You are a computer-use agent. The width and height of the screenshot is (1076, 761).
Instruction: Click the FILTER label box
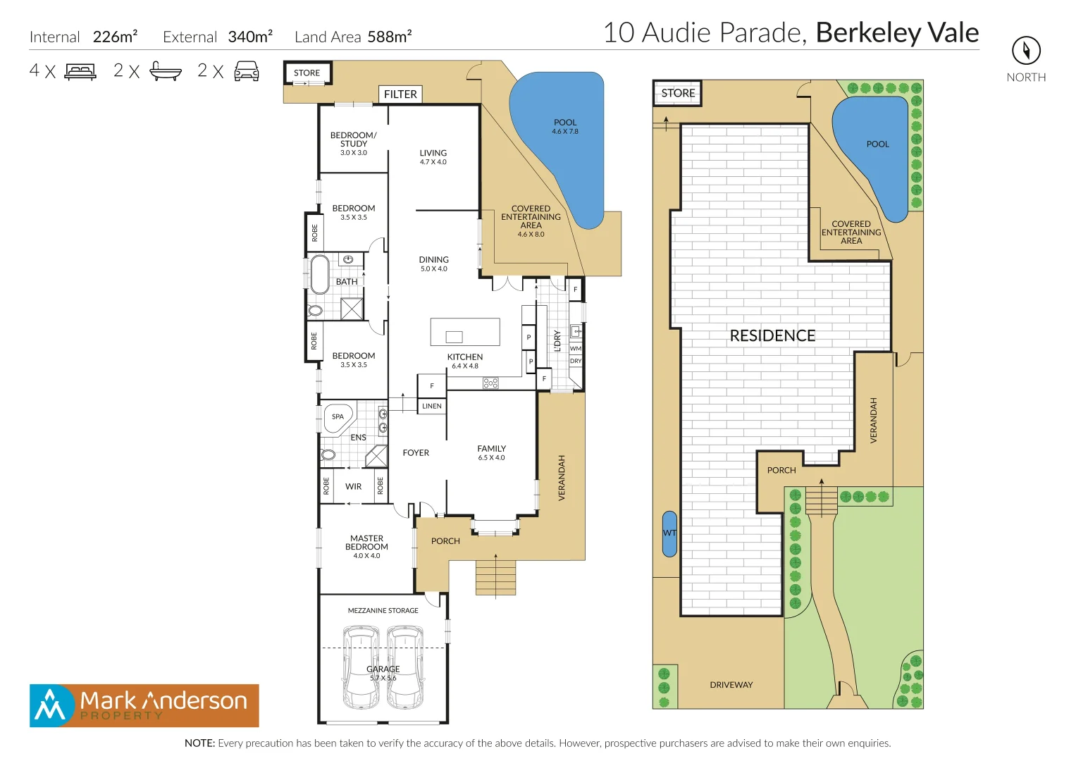click(400, 94)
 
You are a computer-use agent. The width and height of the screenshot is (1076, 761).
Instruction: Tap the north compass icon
click(1026, 50)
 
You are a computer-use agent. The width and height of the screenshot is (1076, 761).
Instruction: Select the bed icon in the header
click(80, 71)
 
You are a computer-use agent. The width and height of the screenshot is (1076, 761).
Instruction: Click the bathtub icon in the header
click(166, 71)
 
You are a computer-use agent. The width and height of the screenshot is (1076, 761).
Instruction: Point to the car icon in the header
click(247, 71)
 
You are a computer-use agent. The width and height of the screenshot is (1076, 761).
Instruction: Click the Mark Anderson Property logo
click(144, 705)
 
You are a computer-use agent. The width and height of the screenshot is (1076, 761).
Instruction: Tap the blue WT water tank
click(669, 533)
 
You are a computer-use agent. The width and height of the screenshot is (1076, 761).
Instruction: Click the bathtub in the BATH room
click(319, 274)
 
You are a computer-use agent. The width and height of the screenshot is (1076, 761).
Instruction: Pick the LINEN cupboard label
click(432, 407)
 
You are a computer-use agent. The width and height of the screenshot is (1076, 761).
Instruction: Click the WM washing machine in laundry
click(576, 348)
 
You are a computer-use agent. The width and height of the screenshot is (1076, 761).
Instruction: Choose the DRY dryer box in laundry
click(576, 361)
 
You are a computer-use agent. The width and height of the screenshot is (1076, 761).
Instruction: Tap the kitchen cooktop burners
click(490, 383)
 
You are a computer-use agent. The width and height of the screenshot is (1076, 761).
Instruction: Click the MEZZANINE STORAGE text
click(383, 611)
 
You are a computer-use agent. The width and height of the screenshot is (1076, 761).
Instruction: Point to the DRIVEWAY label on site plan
click(731, 685)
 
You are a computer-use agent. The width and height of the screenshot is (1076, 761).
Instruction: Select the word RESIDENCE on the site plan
click(772, 336)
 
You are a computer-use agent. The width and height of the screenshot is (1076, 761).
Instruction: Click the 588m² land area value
click(389, 37)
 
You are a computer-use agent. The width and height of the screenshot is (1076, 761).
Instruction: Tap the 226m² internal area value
click(115, 37)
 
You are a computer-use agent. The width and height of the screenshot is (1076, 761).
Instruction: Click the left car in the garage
click(361, 667)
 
